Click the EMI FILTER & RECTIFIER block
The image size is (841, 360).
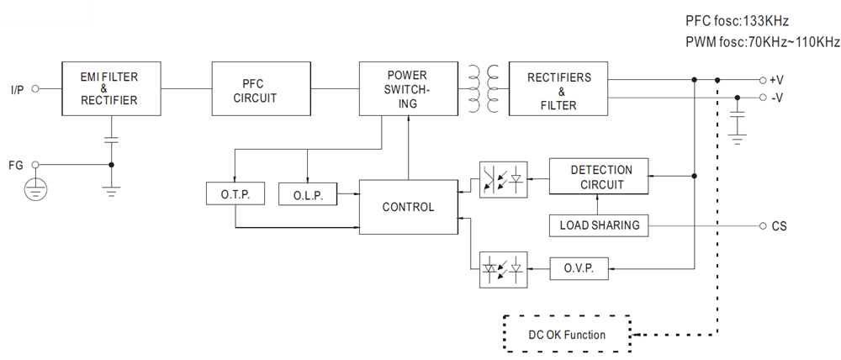click(x=108, y=88)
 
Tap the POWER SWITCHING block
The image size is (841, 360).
click(x=407, y=88)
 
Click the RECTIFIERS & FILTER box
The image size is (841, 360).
click(x=558, y=88)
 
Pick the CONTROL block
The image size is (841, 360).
click(x=408, y=207)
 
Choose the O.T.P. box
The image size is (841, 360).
click(x=235, y=193)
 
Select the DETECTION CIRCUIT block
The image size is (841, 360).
click(x=600, y=177)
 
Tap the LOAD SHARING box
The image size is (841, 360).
click(x=600, y=225)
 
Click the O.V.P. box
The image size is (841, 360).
click(x=580, y=269)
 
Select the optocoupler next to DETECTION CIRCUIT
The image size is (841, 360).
click(x=503, y=179)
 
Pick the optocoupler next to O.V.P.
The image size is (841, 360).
click(x=503, y=269)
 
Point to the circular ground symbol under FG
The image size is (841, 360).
click(x=34, y=189)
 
